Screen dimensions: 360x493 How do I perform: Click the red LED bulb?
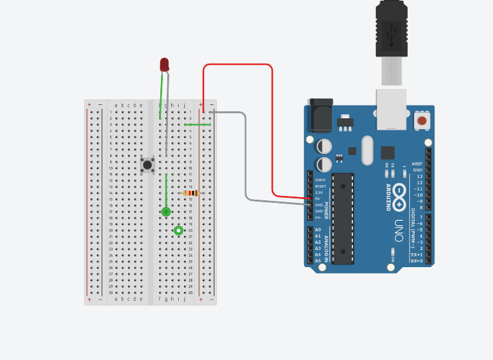(164, 64)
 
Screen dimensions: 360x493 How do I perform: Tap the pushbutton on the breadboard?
(148, 165)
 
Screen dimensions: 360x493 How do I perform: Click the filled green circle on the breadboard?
(166, 212)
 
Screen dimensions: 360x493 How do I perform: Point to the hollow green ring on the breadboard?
(179, 230)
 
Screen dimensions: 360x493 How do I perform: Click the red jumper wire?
(272, 127)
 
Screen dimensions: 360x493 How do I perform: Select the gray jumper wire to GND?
(246, 159)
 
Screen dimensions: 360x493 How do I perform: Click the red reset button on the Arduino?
(421, 120)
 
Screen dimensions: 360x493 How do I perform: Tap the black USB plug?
(391, 29)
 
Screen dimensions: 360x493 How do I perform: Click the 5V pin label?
(318, 198)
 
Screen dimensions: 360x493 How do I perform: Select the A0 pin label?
(318, 230)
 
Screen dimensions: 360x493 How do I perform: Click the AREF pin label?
(417, 164)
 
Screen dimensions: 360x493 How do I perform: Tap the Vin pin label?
(318, 218)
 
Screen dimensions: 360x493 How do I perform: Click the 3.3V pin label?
(319, 192)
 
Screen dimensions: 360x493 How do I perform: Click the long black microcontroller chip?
(343, 218)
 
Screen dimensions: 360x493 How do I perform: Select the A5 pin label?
(318, 261)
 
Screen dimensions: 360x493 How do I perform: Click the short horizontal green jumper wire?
(197, 125)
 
